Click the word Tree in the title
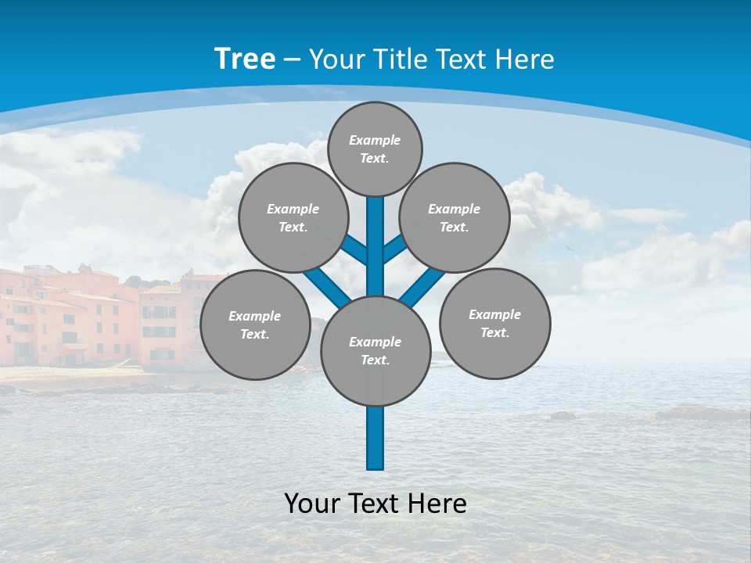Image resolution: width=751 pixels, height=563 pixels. click(245, 59)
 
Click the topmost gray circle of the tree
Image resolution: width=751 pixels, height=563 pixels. click(375, 149)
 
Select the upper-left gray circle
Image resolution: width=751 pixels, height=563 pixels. click(293, 217)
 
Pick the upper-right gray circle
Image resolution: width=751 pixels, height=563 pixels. click(455, 217)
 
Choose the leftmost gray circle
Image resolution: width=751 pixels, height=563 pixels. click(255, 325)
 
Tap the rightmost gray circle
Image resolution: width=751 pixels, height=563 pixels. click(495, 323)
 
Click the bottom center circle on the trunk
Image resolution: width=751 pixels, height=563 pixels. click(375, 350)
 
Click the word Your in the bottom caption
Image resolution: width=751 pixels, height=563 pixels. click(313, 504)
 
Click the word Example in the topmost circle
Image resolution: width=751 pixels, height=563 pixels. click(375, 140)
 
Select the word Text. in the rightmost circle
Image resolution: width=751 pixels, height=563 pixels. click(495, 332)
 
